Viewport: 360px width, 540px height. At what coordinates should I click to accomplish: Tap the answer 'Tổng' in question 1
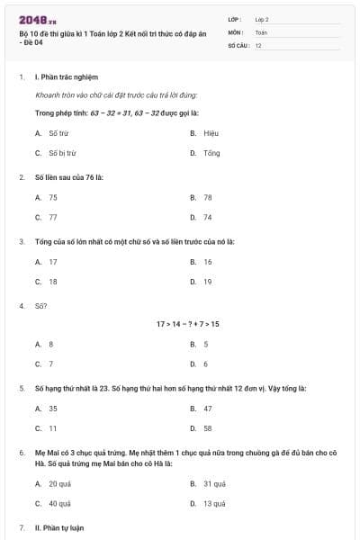211,153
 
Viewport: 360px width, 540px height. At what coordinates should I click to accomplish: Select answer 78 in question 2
208,196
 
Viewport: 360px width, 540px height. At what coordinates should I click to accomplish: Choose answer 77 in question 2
53,217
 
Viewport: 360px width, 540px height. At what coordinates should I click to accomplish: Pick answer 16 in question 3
208,262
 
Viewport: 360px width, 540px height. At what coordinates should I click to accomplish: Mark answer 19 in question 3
208,282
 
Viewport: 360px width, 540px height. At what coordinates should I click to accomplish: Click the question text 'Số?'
40,306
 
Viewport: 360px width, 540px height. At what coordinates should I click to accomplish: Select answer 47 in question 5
208,408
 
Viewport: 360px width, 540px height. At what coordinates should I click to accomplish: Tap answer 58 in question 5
208,428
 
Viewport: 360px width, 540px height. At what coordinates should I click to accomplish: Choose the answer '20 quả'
59,483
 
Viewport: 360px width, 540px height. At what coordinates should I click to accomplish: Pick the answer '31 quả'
214,483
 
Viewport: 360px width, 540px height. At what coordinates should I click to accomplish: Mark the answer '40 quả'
59,504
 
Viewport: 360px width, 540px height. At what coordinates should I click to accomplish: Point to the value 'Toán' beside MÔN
261,31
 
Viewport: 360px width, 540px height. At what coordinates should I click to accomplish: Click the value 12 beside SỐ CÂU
258,45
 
